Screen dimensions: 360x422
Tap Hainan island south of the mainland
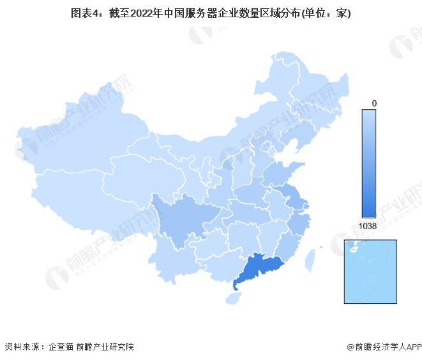(235, 296)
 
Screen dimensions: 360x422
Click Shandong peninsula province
(281, 172)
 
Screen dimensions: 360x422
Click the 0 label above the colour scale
(374, 103)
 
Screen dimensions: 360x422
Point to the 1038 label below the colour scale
(368, 226)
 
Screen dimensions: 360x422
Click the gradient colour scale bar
(368, 163)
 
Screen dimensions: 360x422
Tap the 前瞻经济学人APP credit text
(384, 347)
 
